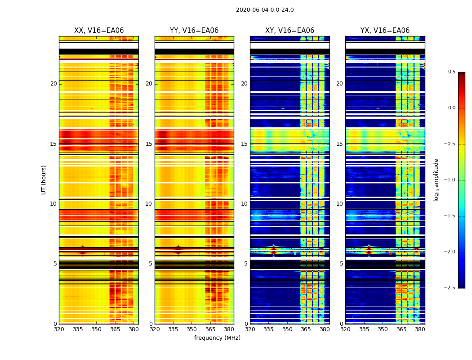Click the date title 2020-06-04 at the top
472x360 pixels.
(265, 10)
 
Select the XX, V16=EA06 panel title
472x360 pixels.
(99, 31)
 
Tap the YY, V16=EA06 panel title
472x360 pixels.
(194, 31)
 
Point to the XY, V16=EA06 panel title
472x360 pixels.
(289, 31)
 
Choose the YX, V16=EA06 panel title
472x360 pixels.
(385, 31)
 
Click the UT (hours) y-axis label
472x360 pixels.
(44, 180)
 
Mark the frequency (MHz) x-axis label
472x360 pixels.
(217, 338)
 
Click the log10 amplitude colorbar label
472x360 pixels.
(436, 180)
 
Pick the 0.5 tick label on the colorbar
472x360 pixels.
(451, 72)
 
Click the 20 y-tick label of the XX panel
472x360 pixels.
(53, 84)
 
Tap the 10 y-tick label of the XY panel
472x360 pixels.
(244, 204)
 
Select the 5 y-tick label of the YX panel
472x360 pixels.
(341, 264)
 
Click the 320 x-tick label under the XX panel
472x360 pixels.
(59, 330)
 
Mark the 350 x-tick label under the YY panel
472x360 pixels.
(192, 330)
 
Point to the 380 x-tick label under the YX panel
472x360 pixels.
(420, 330)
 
